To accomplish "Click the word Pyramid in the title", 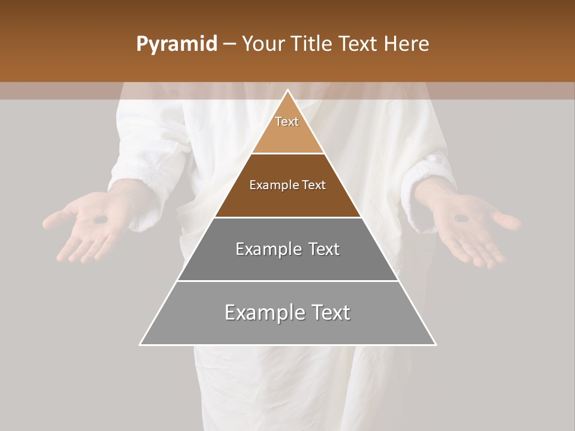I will (176, 44).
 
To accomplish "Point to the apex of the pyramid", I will (287, 91).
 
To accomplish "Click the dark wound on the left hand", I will (101, 219).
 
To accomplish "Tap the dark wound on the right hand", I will (461, 218).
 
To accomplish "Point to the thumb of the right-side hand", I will (506, 221).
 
